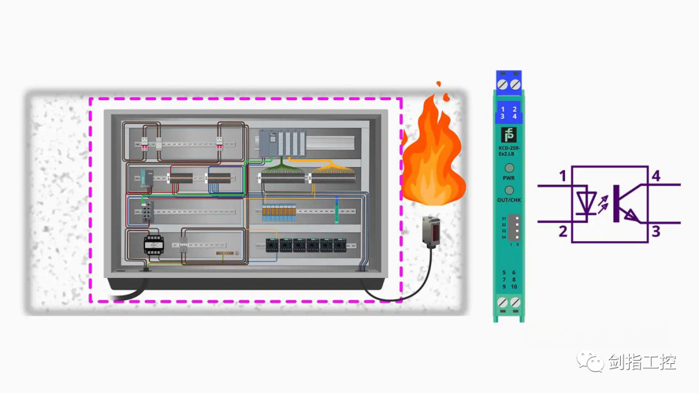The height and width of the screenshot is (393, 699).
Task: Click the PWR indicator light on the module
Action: coord(509,169)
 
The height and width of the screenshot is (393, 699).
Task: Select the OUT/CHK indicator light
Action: coord(509,191)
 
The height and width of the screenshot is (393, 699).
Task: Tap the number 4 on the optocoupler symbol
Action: coord(656,176)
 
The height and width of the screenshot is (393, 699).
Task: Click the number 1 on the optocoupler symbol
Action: coord(562,176)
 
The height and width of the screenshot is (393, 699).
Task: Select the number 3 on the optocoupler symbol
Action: coord(656,231)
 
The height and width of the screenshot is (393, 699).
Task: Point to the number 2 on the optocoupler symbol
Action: coord(562,231)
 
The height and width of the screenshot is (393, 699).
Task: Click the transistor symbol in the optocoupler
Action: coord(625,203)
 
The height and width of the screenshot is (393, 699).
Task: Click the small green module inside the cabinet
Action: coord(336,211)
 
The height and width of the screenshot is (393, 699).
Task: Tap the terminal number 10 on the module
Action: coord(514,286)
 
